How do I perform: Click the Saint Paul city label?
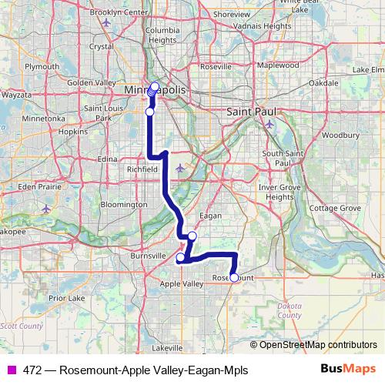[248, 112]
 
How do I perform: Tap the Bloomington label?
[122, 205]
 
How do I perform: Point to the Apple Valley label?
[179, 283]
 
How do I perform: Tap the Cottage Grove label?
[334, 208]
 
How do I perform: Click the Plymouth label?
[42, 66]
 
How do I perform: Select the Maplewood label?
[278, 65]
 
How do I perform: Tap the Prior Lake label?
[65, 296]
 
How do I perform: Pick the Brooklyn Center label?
[119, 13]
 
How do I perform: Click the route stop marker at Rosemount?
[234, 277]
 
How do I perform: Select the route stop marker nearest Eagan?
[192, 236]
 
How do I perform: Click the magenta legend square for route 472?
[11, 370]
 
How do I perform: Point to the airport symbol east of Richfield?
[180, 169]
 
